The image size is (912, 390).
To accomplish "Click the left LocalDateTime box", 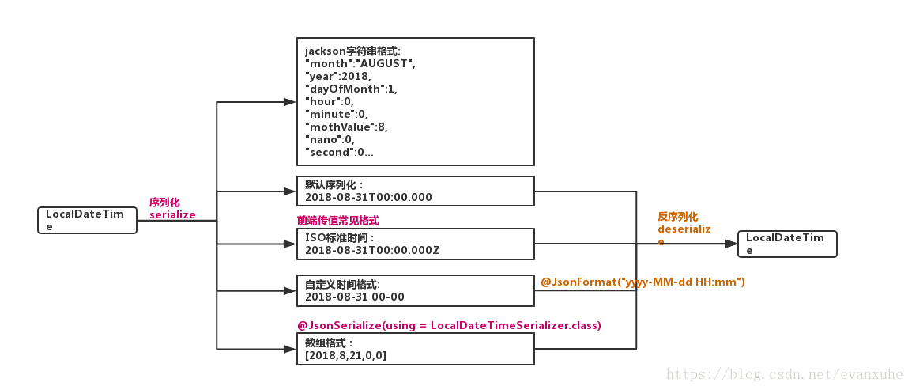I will pos(87,220).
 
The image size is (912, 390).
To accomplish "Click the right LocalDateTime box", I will pos(786,244).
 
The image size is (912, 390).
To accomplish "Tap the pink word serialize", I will pos(172,214).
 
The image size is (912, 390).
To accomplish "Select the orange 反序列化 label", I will pos(678,216).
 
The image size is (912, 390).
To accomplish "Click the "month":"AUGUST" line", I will pos(360,62).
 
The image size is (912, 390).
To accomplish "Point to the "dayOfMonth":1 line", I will pos(351,89).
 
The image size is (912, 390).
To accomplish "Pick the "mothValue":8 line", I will pos(346,127).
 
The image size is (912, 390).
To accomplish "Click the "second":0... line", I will pos(339,152).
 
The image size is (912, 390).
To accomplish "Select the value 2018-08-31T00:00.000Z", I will pos(372,250).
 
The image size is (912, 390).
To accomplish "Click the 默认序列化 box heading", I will pos(335,184).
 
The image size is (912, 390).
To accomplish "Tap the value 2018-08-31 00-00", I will pos(355,297).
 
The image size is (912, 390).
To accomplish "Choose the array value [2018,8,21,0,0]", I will pos(346,355).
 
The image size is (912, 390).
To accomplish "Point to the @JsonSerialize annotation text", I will pos(449,325).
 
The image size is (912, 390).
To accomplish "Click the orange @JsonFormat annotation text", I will pos(643,282).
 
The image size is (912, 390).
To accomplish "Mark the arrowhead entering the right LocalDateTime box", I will pos(731,244).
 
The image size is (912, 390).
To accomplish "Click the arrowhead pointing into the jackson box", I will pos(290,102).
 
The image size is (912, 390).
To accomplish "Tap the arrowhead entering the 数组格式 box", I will pos(290,349).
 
